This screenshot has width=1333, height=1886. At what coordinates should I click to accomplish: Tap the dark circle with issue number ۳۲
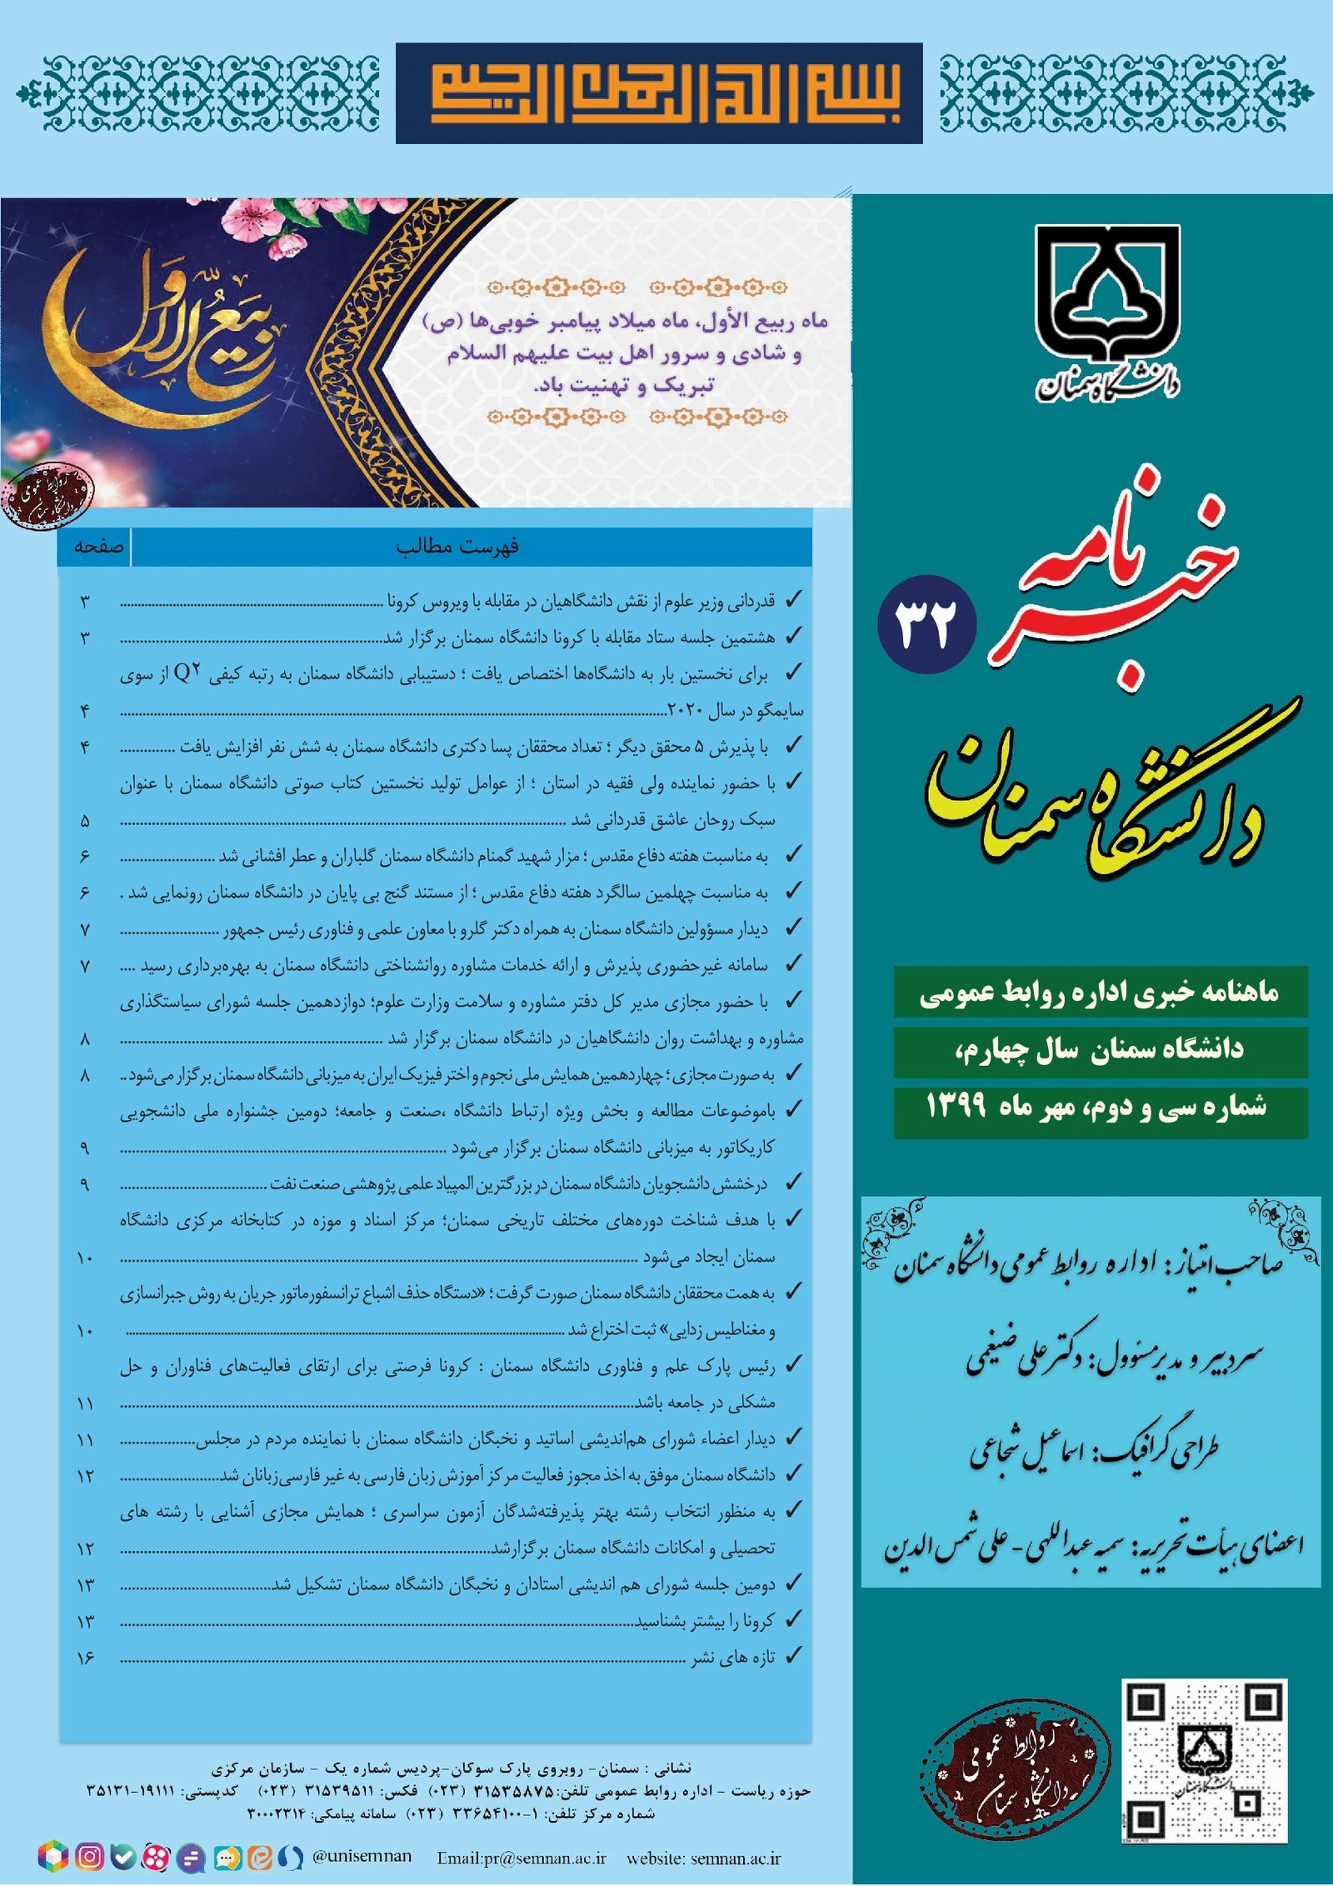(x=926, y=624)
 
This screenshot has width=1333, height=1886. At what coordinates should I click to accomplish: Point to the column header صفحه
(x=98, y=547)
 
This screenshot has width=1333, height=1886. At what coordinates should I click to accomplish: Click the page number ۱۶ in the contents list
(x=86, y=1658)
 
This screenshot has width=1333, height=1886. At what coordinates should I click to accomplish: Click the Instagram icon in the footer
(x=89, y=1856)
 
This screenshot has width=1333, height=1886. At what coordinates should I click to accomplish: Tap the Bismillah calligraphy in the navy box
(x=659, y=93)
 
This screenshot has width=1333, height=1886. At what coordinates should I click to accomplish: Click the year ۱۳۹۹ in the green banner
(x=956, y=1107)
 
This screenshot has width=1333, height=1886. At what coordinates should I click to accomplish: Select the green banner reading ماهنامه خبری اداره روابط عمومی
(x=1100, y=993)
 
